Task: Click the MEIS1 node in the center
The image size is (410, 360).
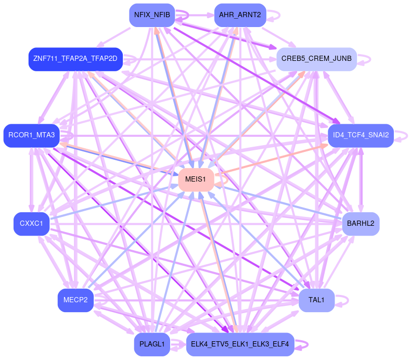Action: (x=196, y=179)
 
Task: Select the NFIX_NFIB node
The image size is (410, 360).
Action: (x=151, y=15)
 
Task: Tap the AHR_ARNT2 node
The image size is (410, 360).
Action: (x=240, y=15)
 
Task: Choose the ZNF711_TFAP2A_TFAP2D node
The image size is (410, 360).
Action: (x=75, y=58)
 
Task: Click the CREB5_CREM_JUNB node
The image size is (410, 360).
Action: (x=316, y=58)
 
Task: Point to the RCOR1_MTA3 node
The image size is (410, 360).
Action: (x=31, y=135)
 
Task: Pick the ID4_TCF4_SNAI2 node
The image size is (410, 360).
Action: (x=361, y=135)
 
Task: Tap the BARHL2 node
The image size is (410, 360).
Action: (x=361, y=224)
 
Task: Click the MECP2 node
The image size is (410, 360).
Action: (x=75, y=300)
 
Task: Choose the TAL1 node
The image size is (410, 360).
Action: (x=316, y=300)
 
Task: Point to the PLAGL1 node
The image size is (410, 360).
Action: (x=151, y=344)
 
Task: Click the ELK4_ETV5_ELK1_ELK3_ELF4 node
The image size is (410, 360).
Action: (x=240, y=344)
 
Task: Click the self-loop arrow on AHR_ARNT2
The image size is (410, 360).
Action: (x=274, y=15)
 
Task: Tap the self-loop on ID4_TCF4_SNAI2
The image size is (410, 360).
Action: (x=402, y=135)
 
